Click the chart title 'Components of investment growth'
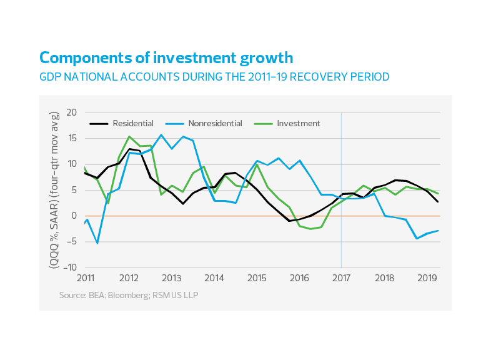click(x=166, y=59)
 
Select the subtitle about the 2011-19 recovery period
click(x=214, y=77)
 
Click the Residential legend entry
click(x=132, y=124)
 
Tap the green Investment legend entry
click(x=297, y=124)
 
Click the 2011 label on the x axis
click(x=85, y=277)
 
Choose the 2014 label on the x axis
click(x=214, y=277)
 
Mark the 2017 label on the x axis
click(x=341, y=277)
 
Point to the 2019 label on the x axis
click(x=426, y=277)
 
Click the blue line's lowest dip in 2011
click(x=97, y=242)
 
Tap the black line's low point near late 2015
click(x=289, y=221)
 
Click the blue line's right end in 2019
click(x=437, y=230)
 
